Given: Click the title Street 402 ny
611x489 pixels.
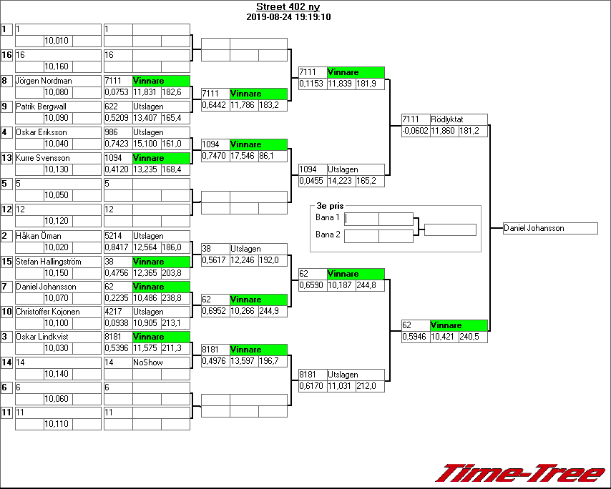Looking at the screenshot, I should (x=288, y=7).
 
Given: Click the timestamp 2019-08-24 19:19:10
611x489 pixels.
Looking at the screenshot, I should (x=288, y=17).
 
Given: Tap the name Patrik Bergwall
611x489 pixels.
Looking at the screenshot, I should (x=41, y=107).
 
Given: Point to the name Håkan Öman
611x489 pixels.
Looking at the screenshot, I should (x=38, y=236).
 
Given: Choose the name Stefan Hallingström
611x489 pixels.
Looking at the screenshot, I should (x=48, y=262).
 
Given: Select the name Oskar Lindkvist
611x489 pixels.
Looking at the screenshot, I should (x=42, y=337).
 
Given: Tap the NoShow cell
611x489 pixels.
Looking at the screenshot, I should (x=147, y=362).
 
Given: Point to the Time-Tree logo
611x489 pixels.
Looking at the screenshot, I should (x=521, y=473).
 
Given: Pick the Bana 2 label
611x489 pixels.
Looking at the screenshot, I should (x=328, y=234).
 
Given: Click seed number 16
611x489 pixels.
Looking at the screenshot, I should (x=6, y=55).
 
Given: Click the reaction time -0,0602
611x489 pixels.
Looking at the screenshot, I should (x=414, y=131).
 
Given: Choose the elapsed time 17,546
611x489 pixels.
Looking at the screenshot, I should (x=243, y=155).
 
